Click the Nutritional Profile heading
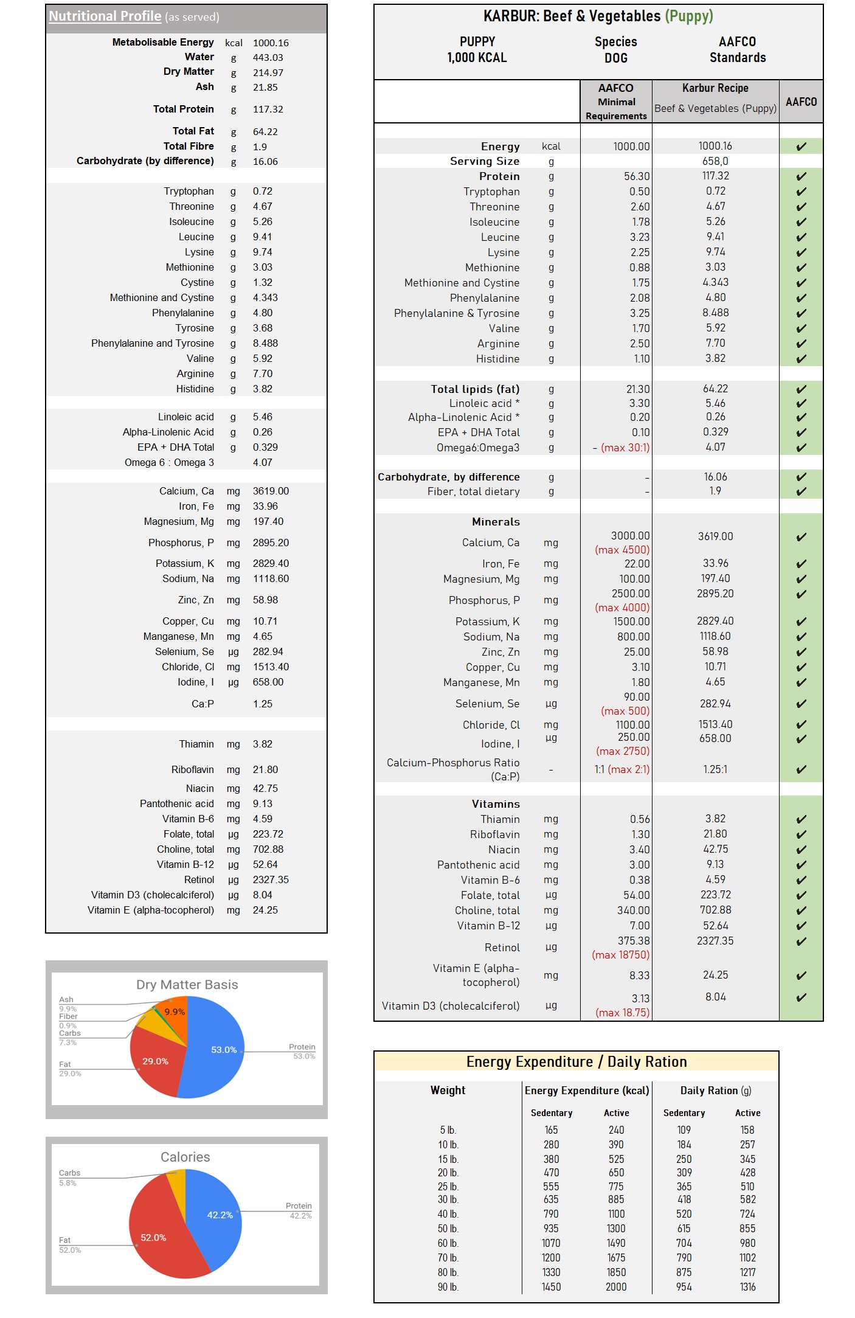(105, 16)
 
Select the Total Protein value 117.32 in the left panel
(268, 109)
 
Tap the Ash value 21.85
(265, 88)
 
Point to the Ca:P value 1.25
(263, 704)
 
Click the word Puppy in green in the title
(689, 16)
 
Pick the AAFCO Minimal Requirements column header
(615, 102)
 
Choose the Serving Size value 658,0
(715, 161)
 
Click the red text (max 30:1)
(625, 448)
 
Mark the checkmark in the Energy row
(801, 147)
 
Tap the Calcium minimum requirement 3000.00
(630, 536)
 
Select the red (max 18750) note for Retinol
(620, 955)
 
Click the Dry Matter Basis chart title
(187, 985)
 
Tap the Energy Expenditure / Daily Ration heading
(576, 1062)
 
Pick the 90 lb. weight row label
(448, 1287)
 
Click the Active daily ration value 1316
(747, 1287)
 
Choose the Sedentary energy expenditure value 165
(551, 1130)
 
